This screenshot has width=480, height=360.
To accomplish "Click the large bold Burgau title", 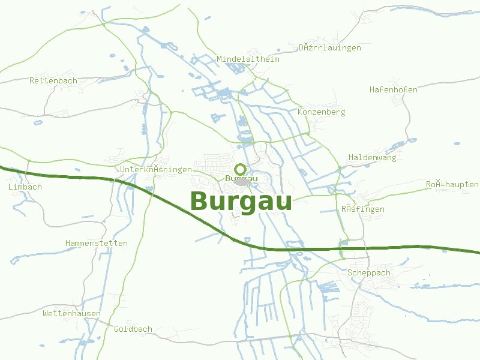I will coord(241,202).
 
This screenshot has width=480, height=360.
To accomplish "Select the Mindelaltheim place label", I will coord(248,59).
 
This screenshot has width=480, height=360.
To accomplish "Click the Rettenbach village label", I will coord(53,80).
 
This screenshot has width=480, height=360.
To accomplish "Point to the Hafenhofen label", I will coord(394,89).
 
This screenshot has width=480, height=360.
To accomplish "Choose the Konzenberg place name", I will coord(322,112).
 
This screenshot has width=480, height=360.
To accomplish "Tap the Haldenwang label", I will coord(373,158).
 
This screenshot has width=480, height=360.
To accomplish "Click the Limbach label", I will coord(25,187).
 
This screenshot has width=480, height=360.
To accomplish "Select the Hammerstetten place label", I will coord(97,244).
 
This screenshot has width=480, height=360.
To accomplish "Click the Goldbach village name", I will coord(133,329).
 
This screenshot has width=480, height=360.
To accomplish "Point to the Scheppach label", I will coord(369,273).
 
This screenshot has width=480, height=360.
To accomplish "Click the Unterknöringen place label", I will coord(156,170).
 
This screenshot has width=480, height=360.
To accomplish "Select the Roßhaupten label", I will coord(452,185).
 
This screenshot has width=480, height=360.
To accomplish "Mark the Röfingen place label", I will coord(363,209).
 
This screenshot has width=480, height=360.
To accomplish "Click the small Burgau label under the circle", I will coord(241,178).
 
